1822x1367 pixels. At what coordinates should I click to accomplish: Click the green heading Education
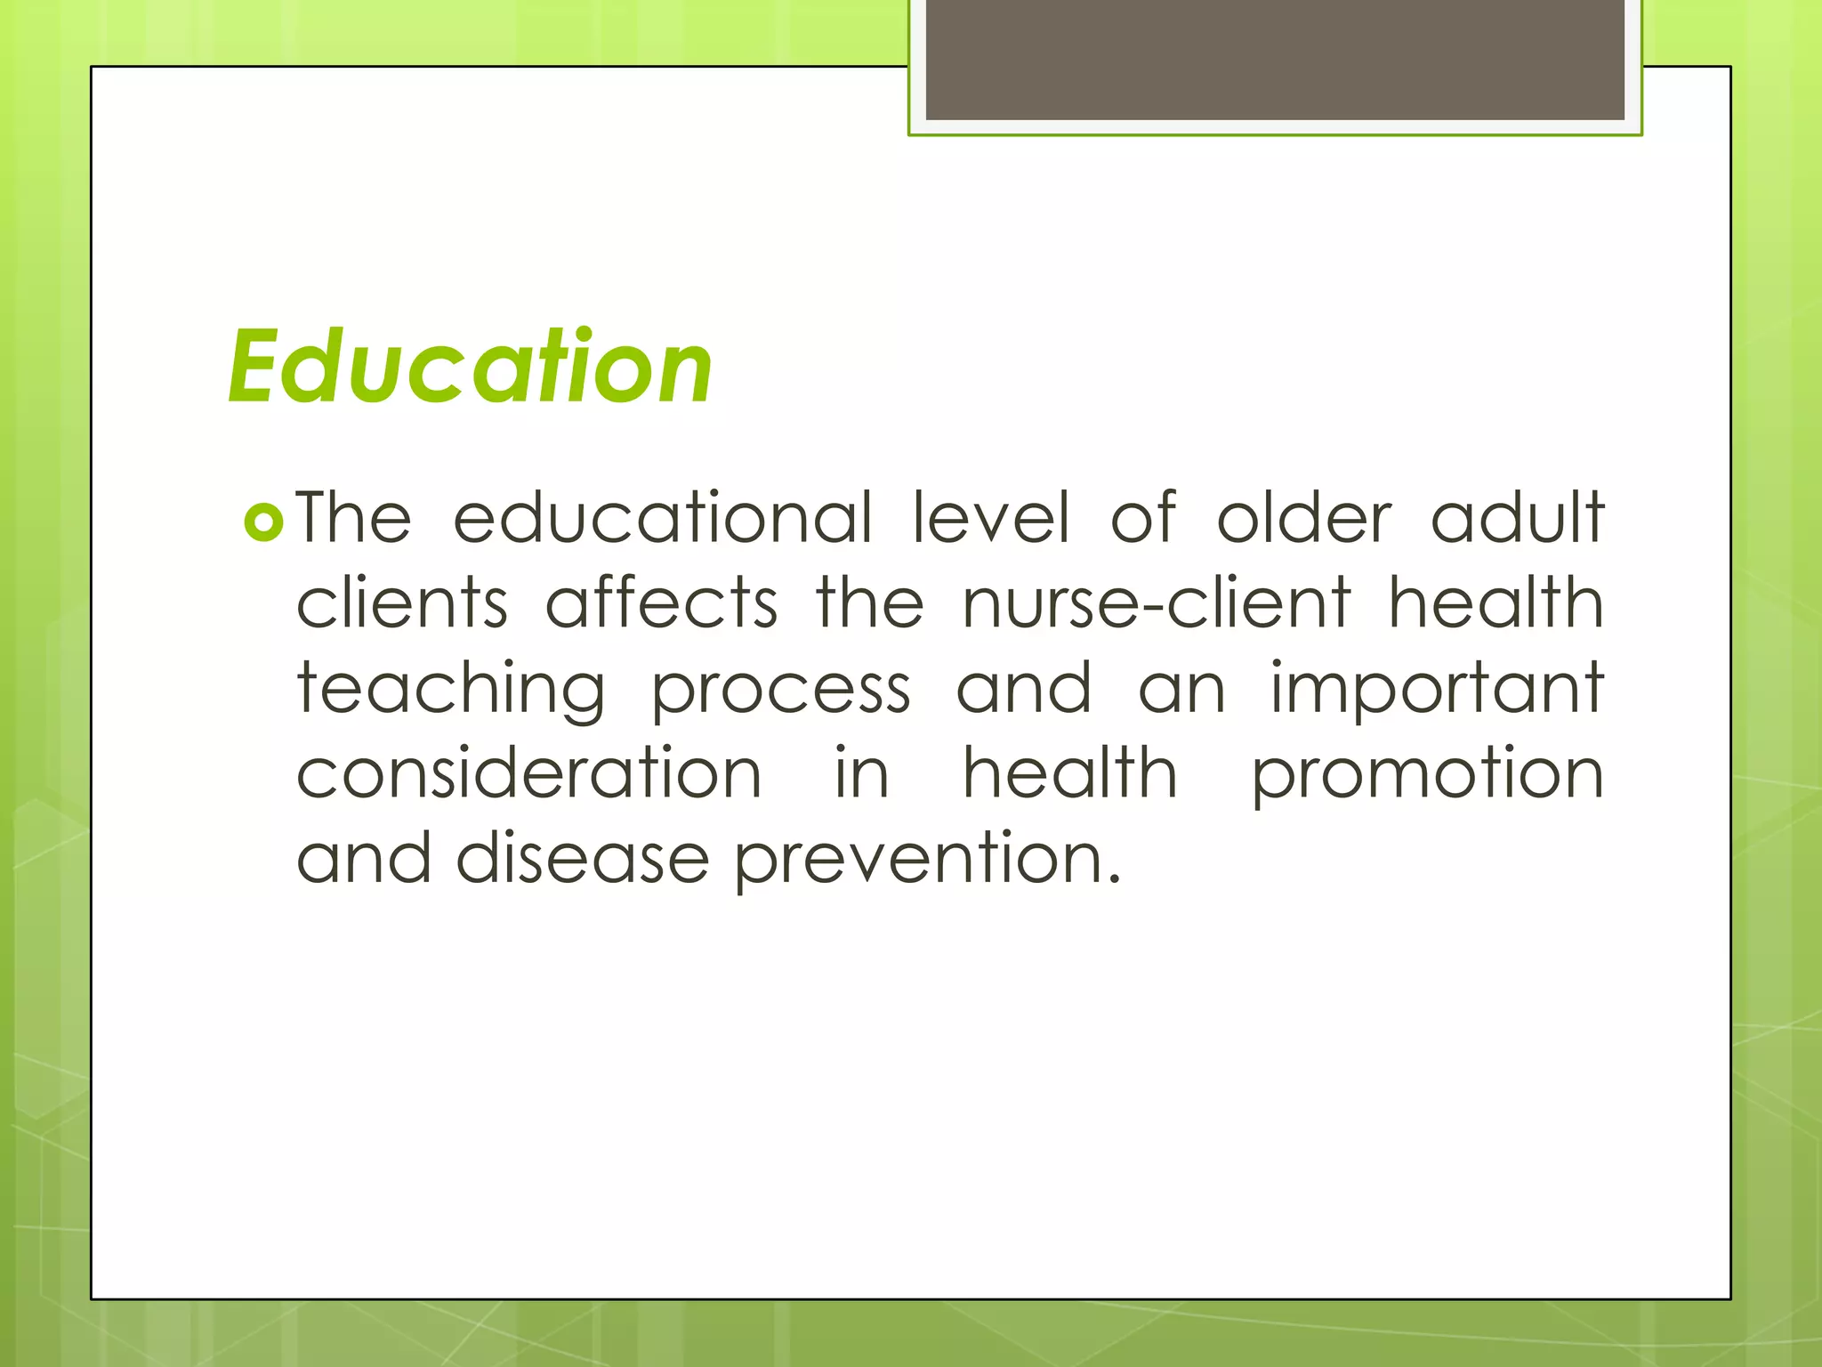click(470, 367)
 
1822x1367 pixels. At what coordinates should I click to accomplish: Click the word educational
click(662, 517)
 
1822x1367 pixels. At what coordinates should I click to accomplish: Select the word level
click(991, 517)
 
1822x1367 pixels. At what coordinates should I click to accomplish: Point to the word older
click(1303, 517)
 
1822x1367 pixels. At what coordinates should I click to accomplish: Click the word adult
click(1517, 517)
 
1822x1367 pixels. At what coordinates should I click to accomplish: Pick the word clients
click(402, 603)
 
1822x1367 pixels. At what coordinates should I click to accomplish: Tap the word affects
click(662, 603)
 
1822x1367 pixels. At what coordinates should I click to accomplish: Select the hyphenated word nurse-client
click(1157, 603)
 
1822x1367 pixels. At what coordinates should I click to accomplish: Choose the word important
click(1436, 689)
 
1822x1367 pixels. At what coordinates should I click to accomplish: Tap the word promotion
click(1427, 774)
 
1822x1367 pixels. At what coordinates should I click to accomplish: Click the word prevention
click(927, 860)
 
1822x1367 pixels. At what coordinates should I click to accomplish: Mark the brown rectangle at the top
click(1275, 59)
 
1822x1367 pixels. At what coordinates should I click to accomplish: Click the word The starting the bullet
click(353, 517)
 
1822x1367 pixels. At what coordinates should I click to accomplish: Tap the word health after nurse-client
click(1495, 603)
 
